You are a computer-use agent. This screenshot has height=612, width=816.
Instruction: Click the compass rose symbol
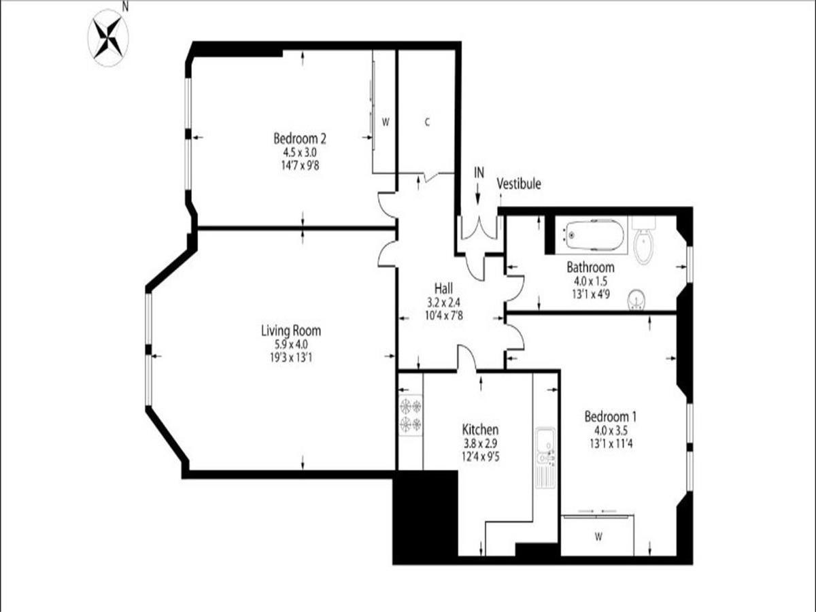(x=108, y=38)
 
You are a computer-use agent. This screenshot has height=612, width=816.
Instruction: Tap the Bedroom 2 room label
(x=300, y=139)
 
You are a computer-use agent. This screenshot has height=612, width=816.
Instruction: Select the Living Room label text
(x=291, y=330)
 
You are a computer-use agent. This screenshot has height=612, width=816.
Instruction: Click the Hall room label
(x=443, y=288)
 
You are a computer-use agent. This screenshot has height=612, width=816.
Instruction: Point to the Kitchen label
(x=480, y=430)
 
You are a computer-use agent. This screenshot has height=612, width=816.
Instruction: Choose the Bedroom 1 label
(x=611, y=416)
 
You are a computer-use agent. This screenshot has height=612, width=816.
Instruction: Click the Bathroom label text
(x=590, y=267)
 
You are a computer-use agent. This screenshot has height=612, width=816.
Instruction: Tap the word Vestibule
(x=519, y=184)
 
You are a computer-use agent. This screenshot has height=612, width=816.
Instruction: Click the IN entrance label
(x=479, y=173)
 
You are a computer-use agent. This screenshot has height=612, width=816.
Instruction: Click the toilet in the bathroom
(x=643, y=241)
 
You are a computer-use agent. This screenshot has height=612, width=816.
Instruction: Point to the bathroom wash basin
(x=636, y=299)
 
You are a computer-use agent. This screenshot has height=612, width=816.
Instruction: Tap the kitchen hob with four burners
(x=411, y=415)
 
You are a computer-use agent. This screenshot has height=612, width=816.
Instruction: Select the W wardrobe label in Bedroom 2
(x=386, y=122)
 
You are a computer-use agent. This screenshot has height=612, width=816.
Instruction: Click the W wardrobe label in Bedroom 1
(x=598, y=537)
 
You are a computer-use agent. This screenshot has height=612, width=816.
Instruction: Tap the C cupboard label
(x=427, y=122)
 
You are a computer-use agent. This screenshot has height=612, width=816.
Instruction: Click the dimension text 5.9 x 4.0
(x=291, y=344)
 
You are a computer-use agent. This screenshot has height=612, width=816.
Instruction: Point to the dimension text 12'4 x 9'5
(x=480, y=456)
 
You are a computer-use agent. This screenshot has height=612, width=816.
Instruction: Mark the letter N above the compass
(x=125, y=6)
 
